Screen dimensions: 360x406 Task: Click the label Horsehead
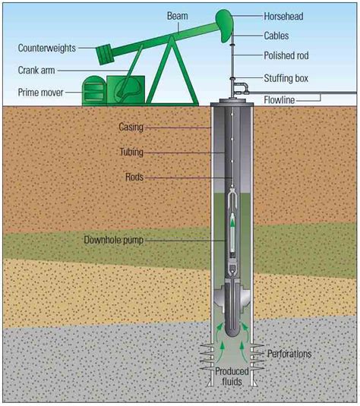[283, 16]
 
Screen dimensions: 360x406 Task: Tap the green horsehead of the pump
[225, 24]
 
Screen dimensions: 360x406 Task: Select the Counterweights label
[47, 48]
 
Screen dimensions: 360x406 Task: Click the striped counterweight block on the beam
[106, 55]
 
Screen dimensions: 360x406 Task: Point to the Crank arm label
[36, 70]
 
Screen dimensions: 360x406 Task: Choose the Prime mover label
[40, 93]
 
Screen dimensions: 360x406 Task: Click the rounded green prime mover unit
[94, 90]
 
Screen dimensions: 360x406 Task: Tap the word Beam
[177, 16]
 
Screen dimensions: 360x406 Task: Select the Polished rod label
[286, 55]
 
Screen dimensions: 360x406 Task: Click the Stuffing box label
[286, 78]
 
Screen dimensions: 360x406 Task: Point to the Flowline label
[279, 100]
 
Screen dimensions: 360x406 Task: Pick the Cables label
[276, 36]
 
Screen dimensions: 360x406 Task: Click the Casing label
[131, 127]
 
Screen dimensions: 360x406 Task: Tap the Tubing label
[131, 152]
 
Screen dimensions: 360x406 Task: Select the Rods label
[134, 177]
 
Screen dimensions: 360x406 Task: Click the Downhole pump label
[113, 240]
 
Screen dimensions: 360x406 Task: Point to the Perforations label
[289, 354]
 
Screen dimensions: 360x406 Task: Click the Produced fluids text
[232, 376]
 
